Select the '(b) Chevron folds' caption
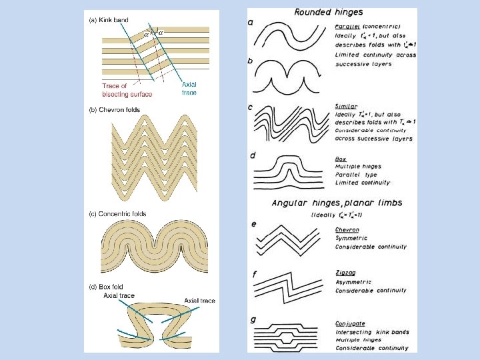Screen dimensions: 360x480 [x=115, y=109]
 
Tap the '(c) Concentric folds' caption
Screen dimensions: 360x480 [x=118, y=213]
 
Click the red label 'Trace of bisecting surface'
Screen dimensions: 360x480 [x=127, y=90]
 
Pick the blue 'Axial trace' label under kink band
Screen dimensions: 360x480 [x=189, y=88]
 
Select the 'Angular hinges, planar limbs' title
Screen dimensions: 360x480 [x=337, y=203]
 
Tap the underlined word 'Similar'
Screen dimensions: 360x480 [x=346, y=106]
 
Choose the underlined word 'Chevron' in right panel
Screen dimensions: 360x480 [x=347, y=230]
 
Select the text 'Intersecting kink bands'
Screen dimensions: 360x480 [x=371, y=332]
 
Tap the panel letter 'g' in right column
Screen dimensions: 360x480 [x=253, y=320]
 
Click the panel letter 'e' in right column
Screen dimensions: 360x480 [x=253, y=224]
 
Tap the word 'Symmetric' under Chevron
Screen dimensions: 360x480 [x=351, y=238]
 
